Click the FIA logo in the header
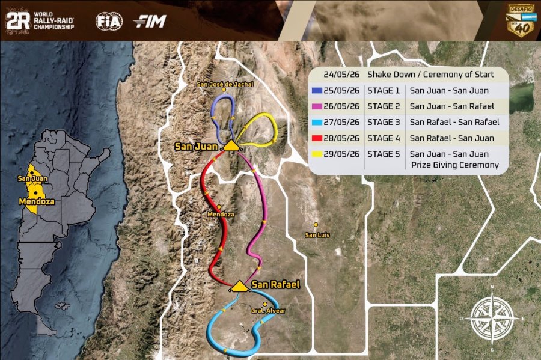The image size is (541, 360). click(x=109, y=22)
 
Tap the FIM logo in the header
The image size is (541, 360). click(x=150, y=22)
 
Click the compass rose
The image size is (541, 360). click(x=492, y=318)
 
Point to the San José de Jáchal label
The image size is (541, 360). click(x=225, y=84)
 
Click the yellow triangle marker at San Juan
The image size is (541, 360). click(x=230, y=145)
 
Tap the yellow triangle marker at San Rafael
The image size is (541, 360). click(x=239, y=286)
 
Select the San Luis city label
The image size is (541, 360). click(x=317, y=234)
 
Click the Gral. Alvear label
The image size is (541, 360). click(x=268, y=310)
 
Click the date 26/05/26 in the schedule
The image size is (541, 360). click(x=341, y=106)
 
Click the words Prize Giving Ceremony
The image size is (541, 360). click(x=455, y=165)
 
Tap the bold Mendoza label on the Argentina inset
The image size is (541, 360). click(x=37, y=201)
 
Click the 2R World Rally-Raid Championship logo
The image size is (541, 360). click(x=40, y=22)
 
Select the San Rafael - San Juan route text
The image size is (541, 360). click(x=451, y=138)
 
